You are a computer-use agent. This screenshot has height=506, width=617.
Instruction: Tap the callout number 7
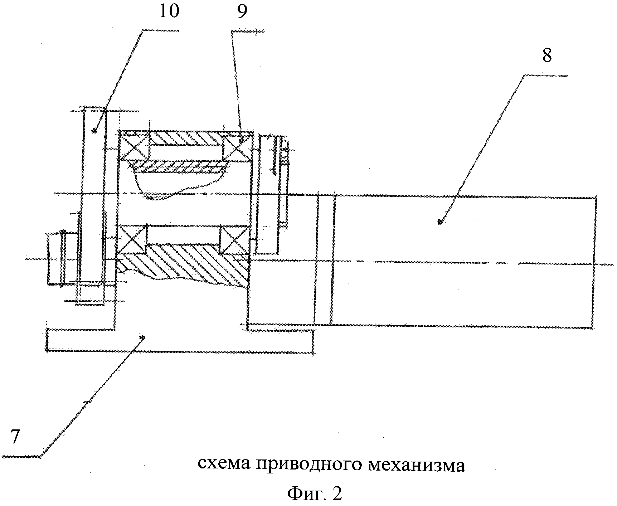(14, 437)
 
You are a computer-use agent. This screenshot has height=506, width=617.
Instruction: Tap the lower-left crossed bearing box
(132, 239)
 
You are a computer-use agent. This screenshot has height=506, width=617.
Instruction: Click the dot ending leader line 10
(94, 131)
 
